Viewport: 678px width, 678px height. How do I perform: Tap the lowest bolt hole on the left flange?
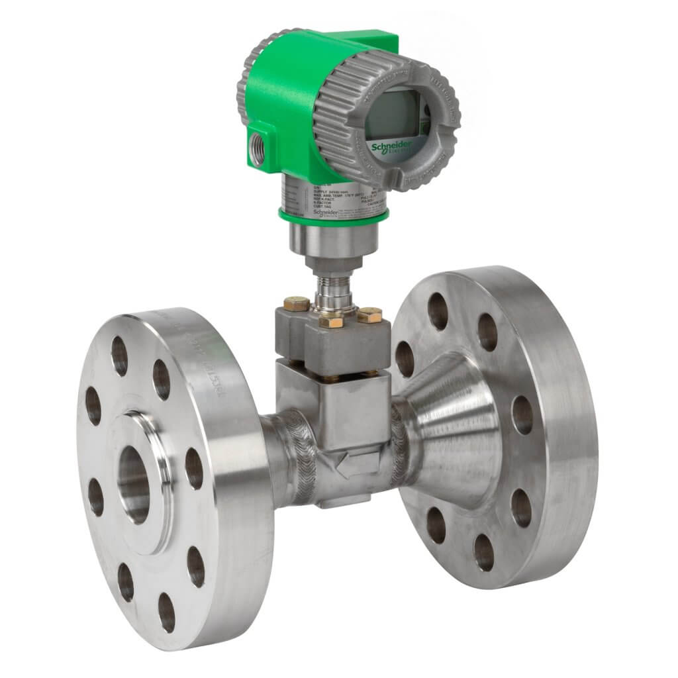pos(166,612)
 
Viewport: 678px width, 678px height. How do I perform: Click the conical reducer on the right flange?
pos(450,430)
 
